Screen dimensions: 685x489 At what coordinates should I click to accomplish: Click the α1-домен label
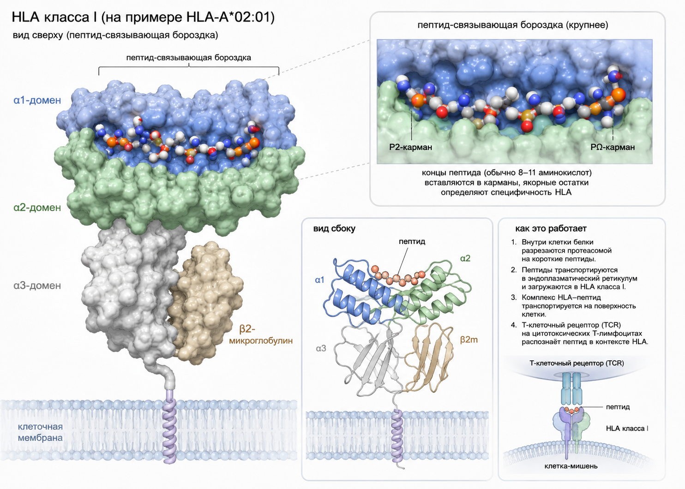tap(37, 100)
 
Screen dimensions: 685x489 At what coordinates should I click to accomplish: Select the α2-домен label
tap(37, 208)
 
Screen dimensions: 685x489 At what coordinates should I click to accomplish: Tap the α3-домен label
tap(37, 286)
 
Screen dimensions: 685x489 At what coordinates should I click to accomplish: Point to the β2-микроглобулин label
tap(261, 334)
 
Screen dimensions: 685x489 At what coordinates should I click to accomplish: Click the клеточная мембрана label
tap(40, 432)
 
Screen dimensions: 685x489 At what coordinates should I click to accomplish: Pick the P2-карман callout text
tap(410, 147)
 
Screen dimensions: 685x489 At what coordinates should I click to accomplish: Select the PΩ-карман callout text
tap(613, 147)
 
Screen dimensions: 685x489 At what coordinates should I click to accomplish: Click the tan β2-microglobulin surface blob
tap(205, 303)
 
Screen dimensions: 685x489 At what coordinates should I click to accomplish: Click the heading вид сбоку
tap(334, 229)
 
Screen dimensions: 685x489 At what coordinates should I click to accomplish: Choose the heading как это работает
tap(551, 229)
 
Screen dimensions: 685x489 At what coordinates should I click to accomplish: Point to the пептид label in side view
tap(412, 241)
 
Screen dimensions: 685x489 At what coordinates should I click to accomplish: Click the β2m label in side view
tap(469, 340)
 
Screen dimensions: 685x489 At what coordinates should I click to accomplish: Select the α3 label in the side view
tap(321, 348)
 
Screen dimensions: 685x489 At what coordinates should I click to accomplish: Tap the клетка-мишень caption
tap(571, 466)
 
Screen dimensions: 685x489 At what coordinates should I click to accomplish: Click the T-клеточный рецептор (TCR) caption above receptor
tap(577, 363)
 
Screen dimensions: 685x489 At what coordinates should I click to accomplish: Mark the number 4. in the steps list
tap(514, 325)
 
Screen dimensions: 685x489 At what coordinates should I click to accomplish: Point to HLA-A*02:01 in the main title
tap(230, 17)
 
